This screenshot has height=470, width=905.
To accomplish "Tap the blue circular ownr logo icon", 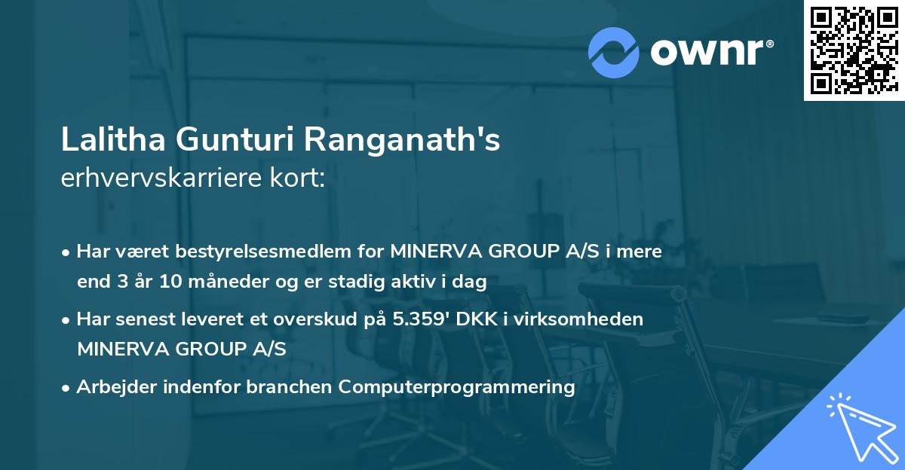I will tap(613, 51).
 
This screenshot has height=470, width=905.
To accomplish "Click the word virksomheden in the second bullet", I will tap(594, 319).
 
